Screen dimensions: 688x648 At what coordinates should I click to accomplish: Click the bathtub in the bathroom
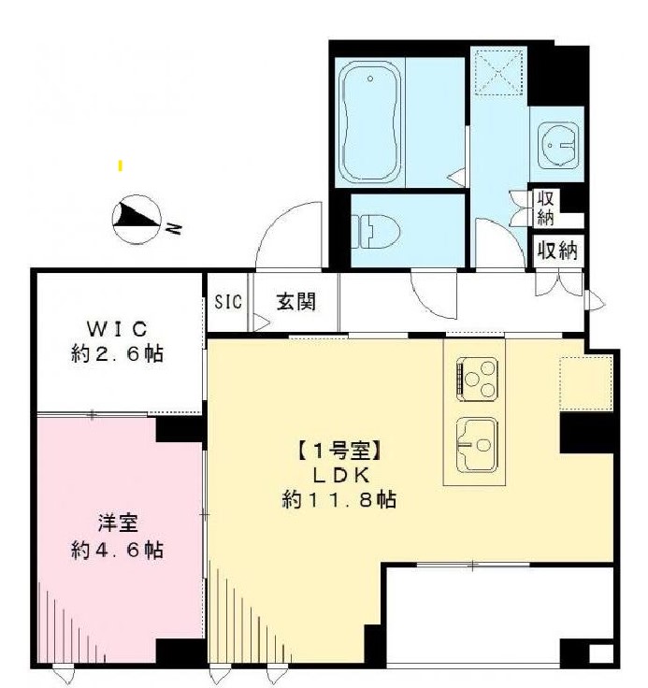[370, 123]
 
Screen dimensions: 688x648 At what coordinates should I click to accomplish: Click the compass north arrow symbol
[135, 218]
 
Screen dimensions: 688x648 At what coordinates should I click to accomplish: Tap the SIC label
[227, 302]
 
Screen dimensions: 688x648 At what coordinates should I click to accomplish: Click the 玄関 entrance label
[295, 302]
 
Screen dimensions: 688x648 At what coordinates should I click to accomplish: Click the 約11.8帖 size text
[338, 500]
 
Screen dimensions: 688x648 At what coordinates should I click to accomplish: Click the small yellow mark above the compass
[120, 166]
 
